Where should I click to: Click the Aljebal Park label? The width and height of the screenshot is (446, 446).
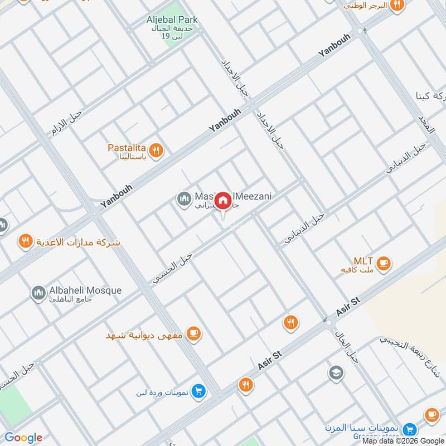tap(172, 20)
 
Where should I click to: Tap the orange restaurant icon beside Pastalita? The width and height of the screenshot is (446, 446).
tap(156, 149)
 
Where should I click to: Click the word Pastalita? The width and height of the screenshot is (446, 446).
tap(127, 148)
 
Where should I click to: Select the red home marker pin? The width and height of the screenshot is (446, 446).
tap(223, 201)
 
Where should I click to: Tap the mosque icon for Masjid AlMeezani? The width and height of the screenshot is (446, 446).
tap(183, 198)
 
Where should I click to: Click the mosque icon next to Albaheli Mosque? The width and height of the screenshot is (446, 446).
tap(38, 293)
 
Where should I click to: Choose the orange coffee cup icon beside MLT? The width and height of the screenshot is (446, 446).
tap(383, 264)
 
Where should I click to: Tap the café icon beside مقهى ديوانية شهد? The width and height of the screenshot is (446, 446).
tap(194, 334)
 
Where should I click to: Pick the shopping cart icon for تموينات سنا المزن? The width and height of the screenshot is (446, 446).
tap(410, 429)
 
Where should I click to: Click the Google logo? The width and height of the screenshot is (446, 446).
tap(23, 438)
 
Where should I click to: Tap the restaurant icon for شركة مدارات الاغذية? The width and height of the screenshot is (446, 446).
tap(25, 242)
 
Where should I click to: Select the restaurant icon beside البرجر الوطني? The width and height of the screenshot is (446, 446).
tap(397, 5)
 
